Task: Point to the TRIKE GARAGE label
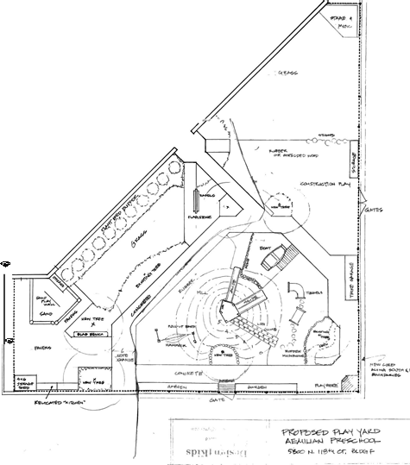[353, 277]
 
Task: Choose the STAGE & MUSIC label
[342, 22]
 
